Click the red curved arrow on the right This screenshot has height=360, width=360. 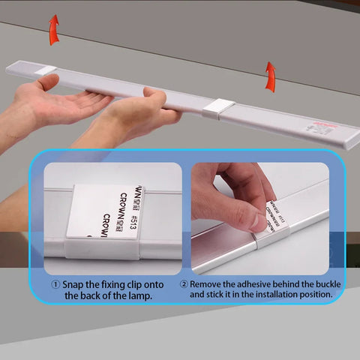click(270, 76)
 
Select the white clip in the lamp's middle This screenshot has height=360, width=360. click(218, 110)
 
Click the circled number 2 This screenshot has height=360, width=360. click(184, 285)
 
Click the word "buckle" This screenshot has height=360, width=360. click(321, 285)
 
